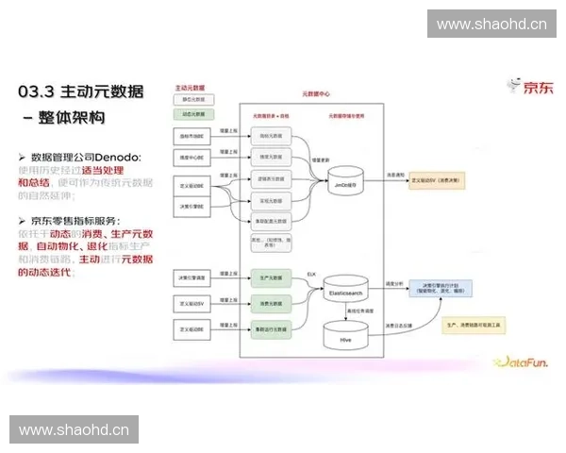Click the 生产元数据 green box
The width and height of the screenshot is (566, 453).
(268, 279)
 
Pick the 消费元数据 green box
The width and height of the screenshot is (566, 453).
(268, 303)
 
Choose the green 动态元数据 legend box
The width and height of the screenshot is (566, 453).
(194, 114)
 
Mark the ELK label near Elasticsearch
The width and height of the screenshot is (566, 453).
(310, 273)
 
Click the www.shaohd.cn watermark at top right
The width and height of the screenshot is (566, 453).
(491, 24)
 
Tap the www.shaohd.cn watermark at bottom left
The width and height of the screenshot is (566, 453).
(75, 429)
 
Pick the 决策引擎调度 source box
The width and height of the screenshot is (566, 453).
(193, 279)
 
